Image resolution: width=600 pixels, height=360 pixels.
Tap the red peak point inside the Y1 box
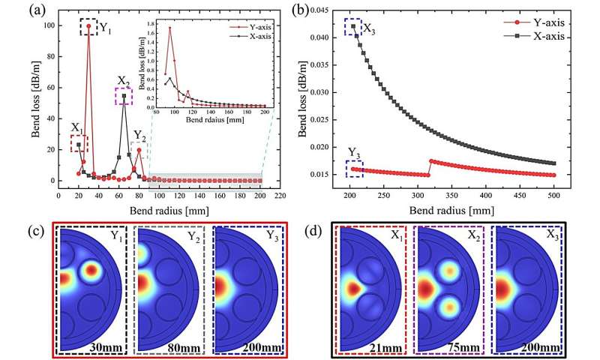pyautogui.click(x=89, y=27)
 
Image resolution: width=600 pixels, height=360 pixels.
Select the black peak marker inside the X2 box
pyautogui.click(x=124, y=95)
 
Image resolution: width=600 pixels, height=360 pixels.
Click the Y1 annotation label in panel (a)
pyautogui.click(x=106, y=30)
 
